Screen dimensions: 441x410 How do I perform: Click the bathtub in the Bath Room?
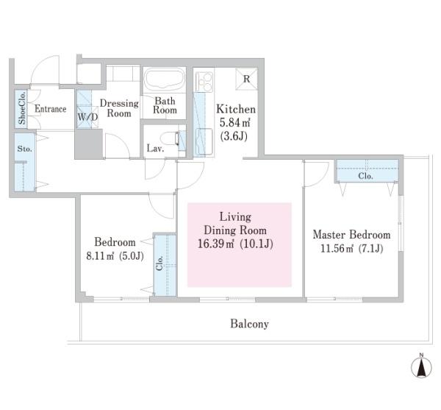tap(165, 79)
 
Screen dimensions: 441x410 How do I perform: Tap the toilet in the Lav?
tap(170, 139)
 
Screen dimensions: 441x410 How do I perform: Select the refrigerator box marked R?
tap(246, 79)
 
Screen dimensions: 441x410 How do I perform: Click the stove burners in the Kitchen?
tap(204, 82)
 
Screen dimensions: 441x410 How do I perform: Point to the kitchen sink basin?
tap(204, 141)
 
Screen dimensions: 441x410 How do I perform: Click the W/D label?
tap(87, 117)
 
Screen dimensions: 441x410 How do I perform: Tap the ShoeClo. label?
tap(21, 108)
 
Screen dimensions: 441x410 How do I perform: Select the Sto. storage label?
tap(24, 149)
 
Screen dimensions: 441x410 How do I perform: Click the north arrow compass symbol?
tap(421, 366)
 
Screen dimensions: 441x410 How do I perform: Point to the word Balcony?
tap(249, 324)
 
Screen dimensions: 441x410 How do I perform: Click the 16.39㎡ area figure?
tap(215, 244)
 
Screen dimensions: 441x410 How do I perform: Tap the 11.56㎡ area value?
tap(337, 249)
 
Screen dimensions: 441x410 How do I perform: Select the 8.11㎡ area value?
tap(100, 256)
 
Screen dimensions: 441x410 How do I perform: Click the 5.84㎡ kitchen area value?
tap(235, 123)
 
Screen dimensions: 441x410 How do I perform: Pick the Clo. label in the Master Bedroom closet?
tap(365, 176)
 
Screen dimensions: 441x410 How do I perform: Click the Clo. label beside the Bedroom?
tap(159, 263)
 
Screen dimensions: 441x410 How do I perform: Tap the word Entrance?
tap(51, 109)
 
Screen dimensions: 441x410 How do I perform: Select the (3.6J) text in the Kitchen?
tap(234, 136)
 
